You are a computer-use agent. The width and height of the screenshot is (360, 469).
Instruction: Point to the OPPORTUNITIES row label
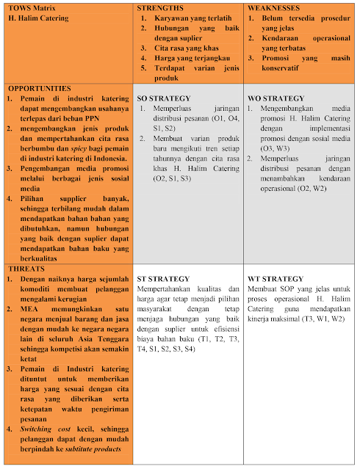40,87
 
